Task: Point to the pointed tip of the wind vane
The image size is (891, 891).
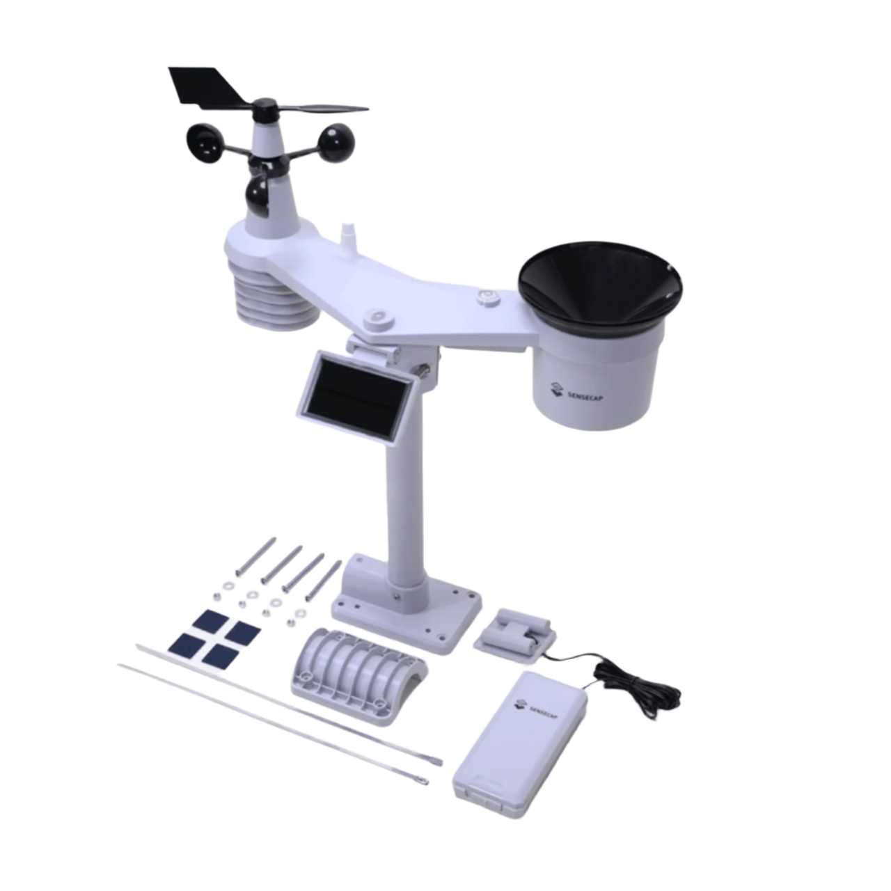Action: [x=366, y=109]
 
